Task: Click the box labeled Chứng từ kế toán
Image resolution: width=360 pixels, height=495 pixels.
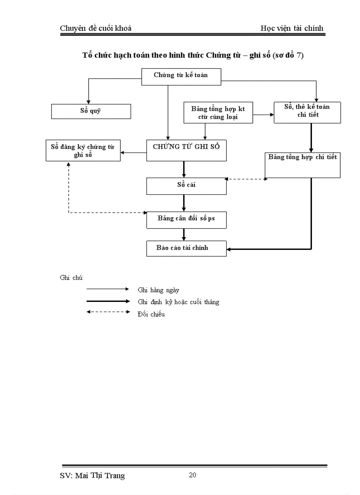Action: click(x=181, y=77)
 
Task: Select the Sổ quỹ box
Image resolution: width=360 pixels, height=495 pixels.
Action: click(x=91, y=111)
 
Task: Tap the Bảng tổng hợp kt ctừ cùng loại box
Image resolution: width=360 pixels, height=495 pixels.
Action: click(x=218, y=113)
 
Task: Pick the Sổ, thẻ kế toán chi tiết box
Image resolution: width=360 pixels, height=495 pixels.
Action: click(x=307, y=112)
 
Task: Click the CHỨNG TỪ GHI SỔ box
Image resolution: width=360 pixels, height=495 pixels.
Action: click(x=186, y=150)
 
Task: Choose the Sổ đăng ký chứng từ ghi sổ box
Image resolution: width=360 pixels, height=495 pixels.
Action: click(x=83, y=150)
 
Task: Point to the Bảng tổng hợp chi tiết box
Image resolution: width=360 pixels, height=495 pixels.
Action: click(x=303, y=165)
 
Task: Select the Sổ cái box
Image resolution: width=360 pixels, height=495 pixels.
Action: click(x=186, y=186)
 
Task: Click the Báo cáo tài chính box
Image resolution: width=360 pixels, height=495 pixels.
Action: click(x=186, y=248)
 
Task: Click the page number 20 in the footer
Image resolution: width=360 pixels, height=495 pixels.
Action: click(x=192, y=475)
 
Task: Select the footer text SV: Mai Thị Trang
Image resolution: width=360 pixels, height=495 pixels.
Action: click(x=92, y=476)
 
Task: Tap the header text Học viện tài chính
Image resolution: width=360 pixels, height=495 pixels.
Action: click(x=292, y=28)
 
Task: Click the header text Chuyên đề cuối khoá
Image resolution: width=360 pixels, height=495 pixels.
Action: click(x=96, y=28)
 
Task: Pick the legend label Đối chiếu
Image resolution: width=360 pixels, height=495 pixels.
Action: click(x=151, y=314)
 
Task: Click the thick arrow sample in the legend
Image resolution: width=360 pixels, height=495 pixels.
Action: click(x=108, y=301)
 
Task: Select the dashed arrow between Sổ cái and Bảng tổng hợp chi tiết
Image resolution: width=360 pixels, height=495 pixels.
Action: click(x=246, y=179)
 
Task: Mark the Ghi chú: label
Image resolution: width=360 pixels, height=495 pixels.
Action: click(x=71, y=277)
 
